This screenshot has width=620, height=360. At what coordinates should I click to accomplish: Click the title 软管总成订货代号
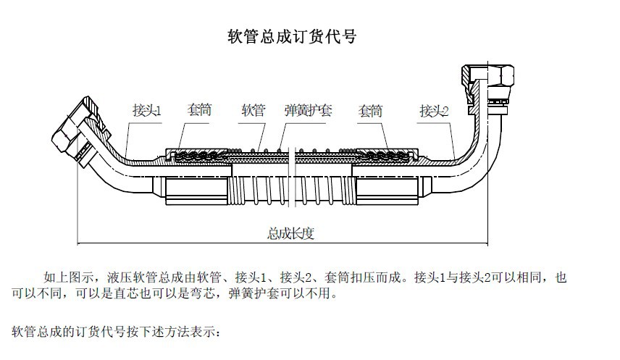pyautogui.click(x=292, y=37)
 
